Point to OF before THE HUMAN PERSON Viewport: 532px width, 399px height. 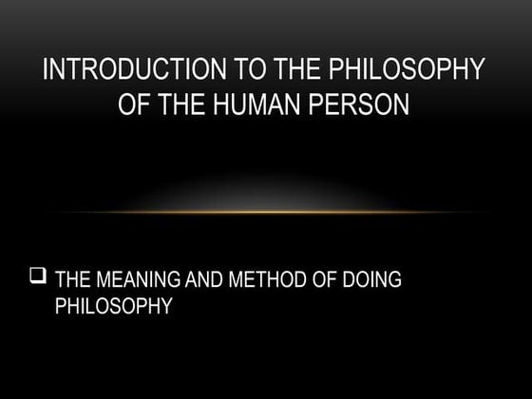click(136, 102)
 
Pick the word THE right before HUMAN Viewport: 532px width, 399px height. click(184, 102)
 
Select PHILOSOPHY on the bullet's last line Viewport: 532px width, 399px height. click(113, 307)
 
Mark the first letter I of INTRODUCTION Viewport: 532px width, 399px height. click(47, 70)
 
